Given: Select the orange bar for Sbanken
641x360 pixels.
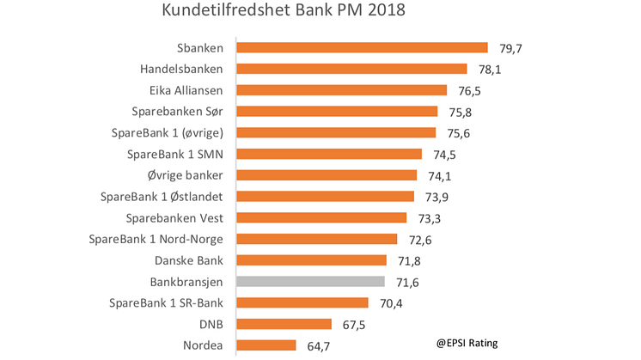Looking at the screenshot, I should (x=362, y=48).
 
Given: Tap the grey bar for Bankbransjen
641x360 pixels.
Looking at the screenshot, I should (x=310, y=281).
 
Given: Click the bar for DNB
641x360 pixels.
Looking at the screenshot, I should (x=284, y=324).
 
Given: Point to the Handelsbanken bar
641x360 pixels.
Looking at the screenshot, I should (x=351, y=69).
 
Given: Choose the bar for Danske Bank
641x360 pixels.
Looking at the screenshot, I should (x=311, y=259).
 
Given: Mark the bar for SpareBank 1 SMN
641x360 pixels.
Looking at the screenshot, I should (x=329, y=154).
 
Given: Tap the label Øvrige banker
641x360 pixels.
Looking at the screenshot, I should (x=186, y=175).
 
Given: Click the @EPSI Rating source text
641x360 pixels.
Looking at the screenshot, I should (x=465, y=344).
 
